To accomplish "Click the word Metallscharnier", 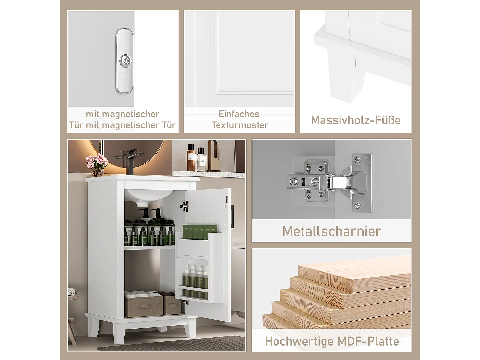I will click(x=332, y=231).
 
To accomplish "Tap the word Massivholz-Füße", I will click(x=356, y=120).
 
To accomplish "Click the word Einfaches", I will click(x=239, y=114).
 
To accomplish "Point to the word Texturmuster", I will click(x=240, y=125).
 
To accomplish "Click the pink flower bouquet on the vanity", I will click(x=97, y=162).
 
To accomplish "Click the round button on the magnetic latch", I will click(x=125, y=60).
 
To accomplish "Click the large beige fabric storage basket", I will click(x=143, y=304).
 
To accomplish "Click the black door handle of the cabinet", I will click(x=232, y=212).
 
